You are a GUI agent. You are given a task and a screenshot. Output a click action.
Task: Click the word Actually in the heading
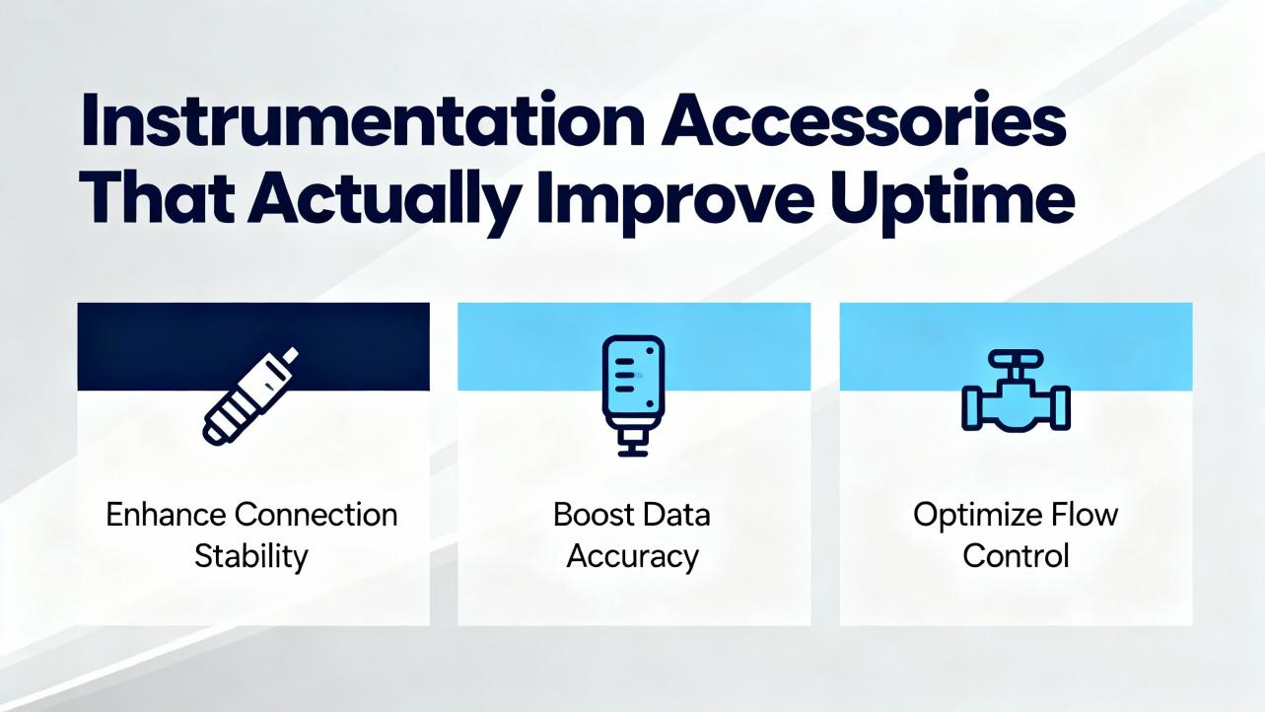[x=384, y=203]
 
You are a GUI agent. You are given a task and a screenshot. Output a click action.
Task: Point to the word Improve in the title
[x=675, y=203]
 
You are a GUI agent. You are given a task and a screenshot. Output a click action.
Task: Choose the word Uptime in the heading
[x=952, y=203]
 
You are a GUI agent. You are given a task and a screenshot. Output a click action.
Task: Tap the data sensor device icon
[x=633, y=395]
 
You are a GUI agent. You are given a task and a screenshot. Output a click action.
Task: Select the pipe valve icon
[x=1016, y=391]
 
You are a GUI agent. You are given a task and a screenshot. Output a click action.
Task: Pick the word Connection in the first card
[x=316, y=515]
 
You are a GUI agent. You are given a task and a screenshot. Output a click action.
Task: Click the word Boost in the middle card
[x=594, y=515]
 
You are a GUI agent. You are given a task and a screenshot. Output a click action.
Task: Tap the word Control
[x=1016, y=556]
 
